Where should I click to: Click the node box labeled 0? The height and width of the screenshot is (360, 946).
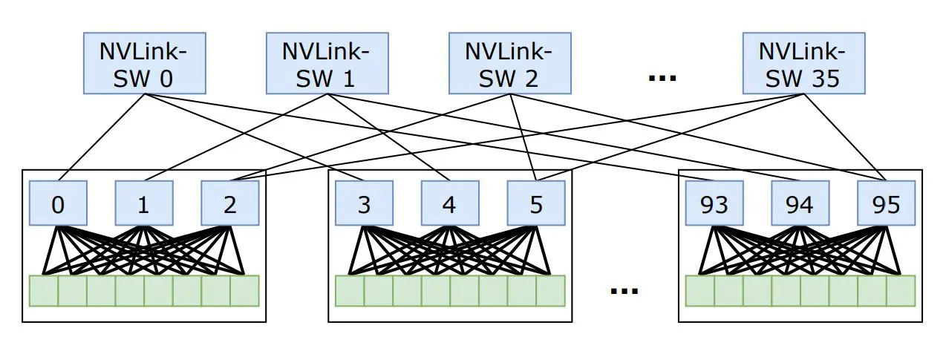pyautogui.click(x=58, y=203)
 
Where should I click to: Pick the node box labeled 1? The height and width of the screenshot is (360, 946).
pyautogui.click(x=143, y=203)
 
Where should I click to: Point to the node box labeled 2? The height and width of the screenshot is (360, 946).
pyautogui.click(x=229, y=203)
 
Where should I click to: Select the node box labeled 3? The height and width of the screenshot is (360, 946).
pyautogui.click(x=364, y=203)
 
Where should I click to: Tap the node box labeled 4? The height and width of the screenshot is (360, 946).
pyautogui.click(x=449, y=203)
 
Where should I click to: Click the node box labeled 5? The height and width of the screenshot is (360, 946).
pyautogui.click(x=535, y=203)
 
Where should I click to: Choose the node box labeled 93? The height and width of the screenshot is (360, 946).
pyautogui.click(x=714, y=203)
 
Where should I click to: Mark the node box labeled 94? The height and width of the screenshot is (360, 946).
pyautogui.click(x=800, y=203)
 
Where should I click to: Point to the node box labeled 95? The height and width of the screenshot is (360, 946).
pyautogui.click(x=886, y=203)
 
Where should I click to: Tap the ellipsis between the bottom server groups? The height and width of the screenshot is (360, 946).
pyautogui.click(x=624, y=291)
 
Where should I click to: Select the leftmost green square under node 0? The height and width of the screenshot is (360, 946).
pyautogui.click(x=44, y=291)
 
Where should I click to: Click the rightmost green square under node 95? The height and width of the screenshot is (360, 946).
pyautogui.click(x=901, y=291)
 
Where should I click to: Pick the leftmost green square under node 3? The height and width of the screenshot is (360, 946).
pyautogui.click(x=350, y=291)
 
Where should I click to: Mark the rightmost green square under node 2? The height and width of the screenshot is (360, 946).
pyautogui.click(x=244, y=291)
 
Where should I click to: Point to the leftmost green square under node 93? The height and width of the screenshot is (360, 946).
pyautogui.click(x=700, y=291)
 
